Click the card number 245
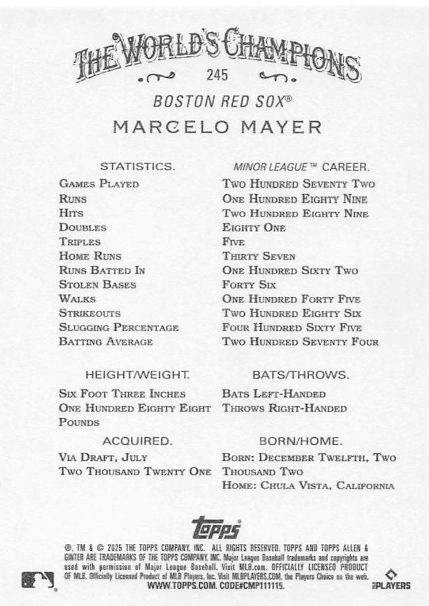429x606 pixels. (215, 75)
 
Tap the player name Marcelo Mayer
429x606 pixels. (217, 126)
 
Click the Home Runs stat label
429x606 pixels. (90, 256)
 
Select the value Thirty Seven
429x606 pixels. (259, 256)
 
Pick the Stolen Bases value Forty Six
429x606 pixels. (249, 285)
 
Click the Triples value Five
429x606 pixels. (233, 242)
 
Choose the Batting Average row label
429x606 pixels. (105, 342)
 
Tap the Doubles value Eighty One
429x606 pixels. (254, 228)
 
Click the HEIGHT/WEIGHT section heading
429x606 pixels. (137, 375)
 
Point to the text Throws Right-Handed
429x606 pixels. (284, 408)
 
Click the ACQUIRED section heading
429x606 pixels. (137, 442)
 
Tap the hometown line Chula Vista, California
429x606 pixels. (327, 486)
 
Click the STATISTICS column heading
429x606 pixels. (137, 167)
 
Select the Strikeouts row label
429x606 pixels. (89, 313)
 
